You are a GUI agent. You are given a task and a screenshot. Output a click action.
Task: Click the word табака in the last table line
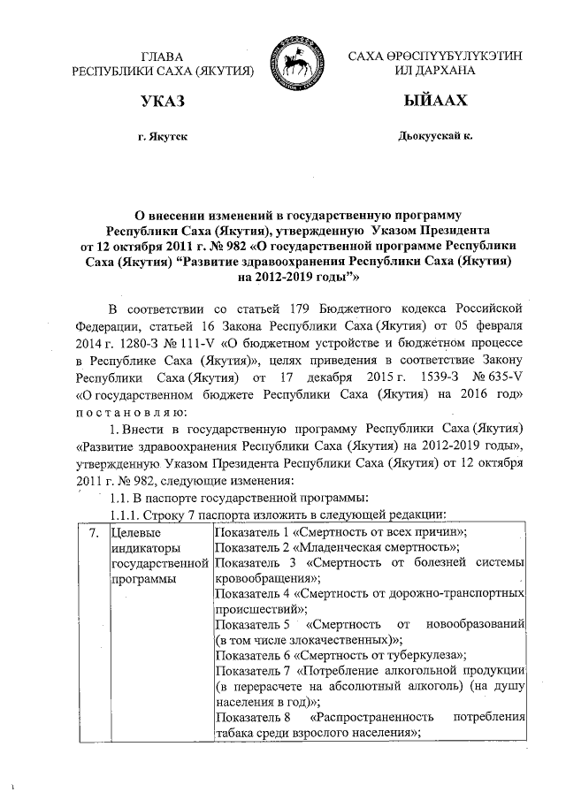coord(235,733)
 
